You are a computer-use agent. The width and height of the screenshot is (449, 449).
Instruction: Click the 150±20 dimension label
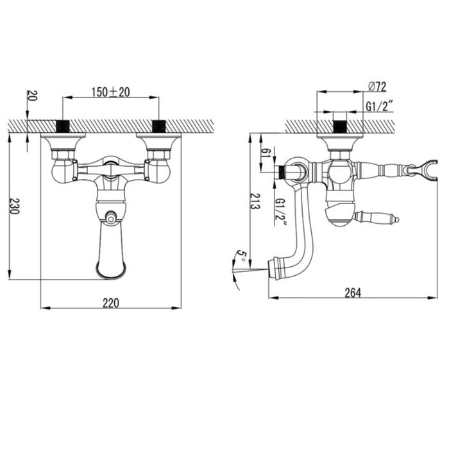coord(110,92)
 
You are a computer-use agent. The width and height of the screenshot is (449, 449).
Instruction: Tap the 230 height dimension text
coord(15,206)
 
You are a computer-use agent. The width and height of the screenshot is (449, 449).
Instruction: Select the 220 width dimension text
coord(111,303)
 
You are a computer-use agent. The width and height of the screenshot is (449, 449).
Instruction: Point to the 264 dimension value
coord(353,292)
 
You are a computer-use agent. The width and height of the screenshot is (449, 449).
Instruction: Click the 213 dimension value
coord(255,201)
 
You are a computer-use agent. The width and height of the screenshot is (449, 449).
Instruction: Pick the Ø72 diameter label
coord(377,87)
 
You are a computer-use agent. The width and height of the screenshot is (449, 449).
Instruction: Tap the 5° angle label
coord(241,256)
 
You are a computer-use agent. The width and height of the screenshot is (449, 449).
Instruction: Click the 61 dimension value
coord(266,153)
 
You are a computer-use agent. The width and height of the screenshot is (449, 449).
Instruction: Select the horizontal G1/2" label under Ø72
coord(379,106)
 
